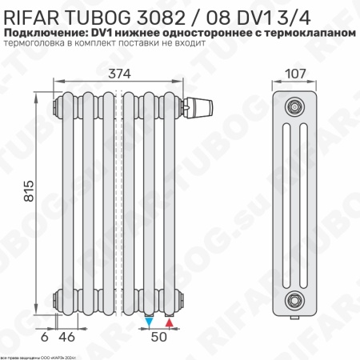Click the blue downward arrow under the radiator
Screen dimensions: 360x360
[x=150, y=322]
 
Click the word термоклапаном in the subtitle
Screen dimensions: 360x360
[x=313, y=32]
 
